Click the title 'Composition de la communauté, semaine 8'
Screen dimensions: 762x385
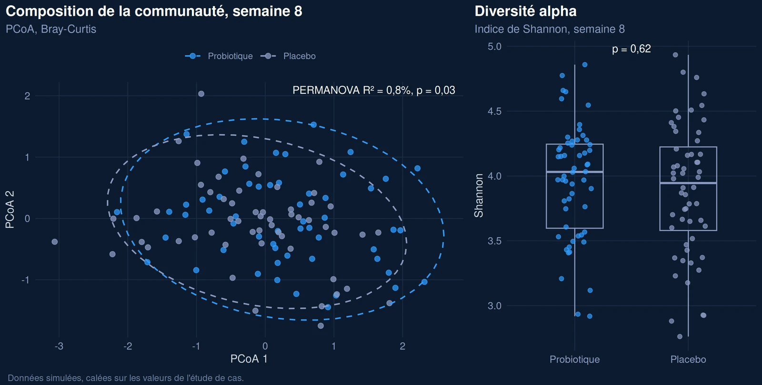(x=154, y=11)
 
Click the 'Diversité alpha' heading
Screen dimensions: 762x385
(x=526, y=11)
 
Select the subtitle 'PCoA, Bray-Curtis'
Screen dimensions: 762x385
(x=51, y=29)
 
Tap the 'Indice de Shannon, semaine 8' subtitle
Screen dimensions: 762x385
(x=550, y=29)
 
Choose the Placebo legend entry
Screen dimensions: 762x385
(x=288, y=56)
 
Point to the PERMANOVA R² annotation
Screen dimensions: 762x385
(x=374, y=90)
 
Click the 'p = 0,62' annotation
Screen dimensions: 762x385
(x=632, y=49)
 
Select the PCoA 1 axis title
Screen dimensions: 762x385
(x=249, y=359)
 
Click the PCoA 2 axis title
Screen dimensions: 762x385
(x=10, y=209)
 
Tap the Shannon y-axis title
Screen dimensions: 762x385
(x=479, y=195)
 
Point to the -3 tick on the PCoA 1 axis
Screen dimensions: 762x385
(x=59, y=346)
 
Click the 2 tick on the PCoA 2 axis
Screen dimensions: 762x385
(x=27, y=96)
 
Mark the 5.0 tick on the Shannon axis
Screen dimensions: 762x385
(x=495, y=47)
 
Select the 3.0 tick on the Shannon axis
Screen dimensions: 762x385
(x=495, y=306)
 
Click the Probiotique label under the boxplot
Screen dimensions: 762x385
(x=575, y=359)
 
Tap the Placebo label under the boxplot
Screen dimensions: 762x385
(x=688, y=359)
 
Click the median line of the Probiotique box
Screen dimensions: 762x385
(x=575, y=172)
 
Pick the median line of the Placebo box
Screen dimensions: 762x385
(x=688, y=183)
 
